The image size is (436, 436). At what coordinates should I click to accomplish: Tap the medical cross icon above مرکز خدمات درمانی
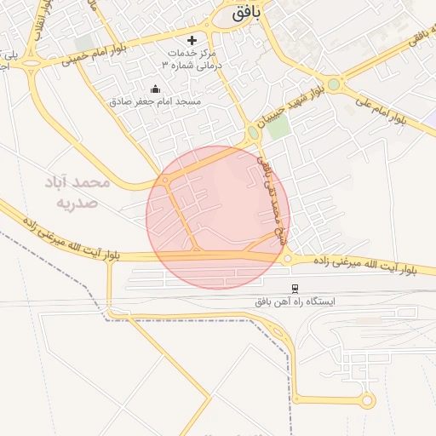(x=192, y=40)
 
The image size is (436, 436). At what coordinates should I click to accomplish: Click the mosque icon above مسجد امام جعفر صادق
(x=155, y=89)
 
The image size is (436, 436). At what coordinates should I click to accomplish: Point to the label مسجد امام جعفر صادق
(x=155, y=101)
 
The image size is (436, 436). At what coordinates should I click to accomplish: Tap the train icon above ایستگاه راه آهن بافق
(x=295, y=290)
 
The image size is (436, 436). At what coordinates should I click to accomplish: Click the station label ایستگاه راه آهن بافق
(x=295, y=302)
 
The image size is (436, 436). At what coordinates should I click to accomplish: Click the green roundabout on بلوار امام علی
(x=333, y=84)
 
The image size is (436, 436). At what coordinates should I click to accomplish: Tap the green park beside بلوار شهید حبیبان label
(x=278, y=127)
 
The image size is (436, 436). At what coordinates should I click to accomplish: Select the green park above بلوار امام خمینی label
(x=84, y=43)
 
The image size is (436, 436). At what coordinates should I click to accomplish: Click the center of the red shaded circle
(x=218, y=217)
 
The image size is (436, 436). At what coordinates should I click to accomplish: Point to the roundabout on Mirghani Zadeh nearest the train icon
(x=288, y=258)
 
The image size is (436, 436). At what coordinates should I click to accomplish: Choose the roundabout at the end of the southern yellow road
(x=367, y=400)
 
